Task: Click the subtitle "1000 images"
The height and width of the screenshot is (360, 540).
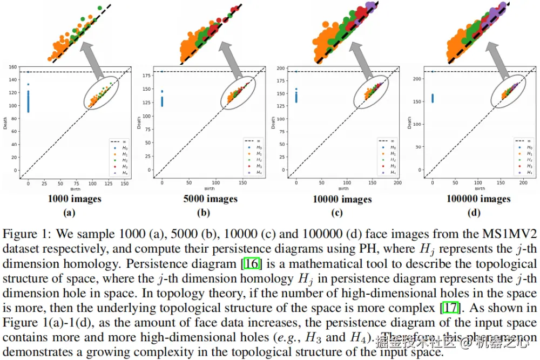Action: (x=74, y=199)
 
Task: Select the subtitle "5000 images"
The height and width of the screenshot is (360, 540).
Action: (x=210, y=199)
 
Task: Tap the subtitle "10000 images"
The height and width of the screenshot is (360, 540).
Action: (x=342, y=199)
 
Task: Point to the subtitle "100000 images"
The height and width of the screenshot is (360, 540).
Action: (x=478, y=199)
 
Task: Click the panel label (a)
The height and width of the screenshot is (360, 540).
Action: (x=69, y=213)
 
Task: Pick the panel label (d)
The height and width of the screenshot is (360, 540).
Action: (x=475, y=213)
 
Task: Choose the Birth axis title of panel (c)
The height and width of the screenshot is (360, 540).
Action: (x=343, y=189)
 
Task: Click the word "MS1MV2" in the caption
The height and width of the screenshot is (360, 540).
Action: (x=508, y=234)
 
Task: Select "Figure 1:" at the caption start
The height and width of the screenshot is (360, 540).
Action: (x=24, y=234)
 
